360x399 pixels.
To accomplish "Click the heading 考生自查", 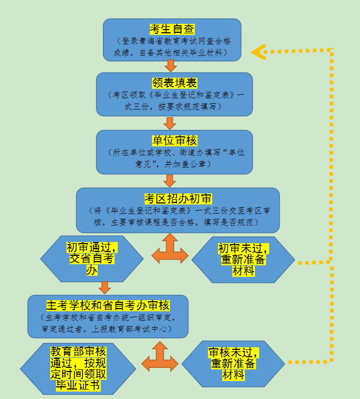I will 172,29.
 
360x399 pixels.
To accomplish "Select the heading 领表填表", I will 174,83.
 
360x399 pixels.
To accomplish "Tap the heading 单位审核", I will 174,141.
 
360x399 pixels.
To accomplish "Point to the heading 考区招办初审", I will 178,199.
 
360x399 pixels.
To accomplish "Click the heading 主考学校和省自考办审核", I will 108,305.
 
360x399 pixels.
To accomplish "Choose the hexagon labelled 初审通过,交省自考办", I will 92,258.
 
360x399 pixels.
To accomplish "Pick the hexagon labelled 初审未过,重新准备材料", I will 243,259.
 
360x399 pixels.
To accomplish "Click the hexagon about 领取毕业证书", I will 78,368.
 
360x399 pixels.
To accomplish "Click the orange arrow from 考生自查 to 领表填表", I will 170,66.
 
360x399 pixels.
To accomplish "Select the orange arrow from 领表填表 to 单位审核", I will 169,123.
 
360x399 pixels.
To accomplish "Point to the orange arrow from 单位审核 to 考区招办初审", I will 169,181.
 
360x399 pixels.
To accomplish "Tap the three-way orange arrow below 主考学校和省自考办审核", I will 160,357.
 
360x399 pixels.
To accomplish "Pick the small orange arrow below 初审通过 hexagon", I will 105,287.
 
